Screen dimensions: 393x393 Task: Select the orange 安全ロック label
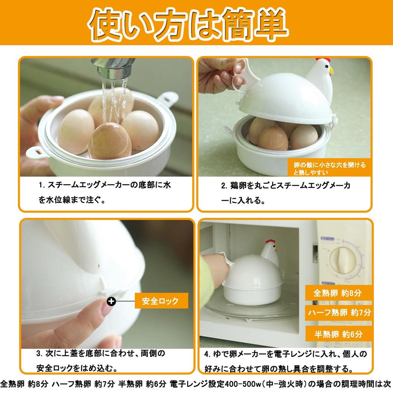tap(161, 301)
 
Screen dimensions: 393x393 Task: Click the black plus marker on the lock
tap(111, 301)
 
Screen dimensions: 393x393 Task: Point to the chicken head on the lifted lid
tap(321, 73)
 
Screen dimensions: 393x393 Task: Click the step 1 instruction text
tap(104, 193)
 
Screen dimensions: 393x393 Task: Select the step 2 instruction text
tap(286, 193)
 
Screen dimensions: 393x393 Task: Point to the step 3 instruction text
tap(102, 361)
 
